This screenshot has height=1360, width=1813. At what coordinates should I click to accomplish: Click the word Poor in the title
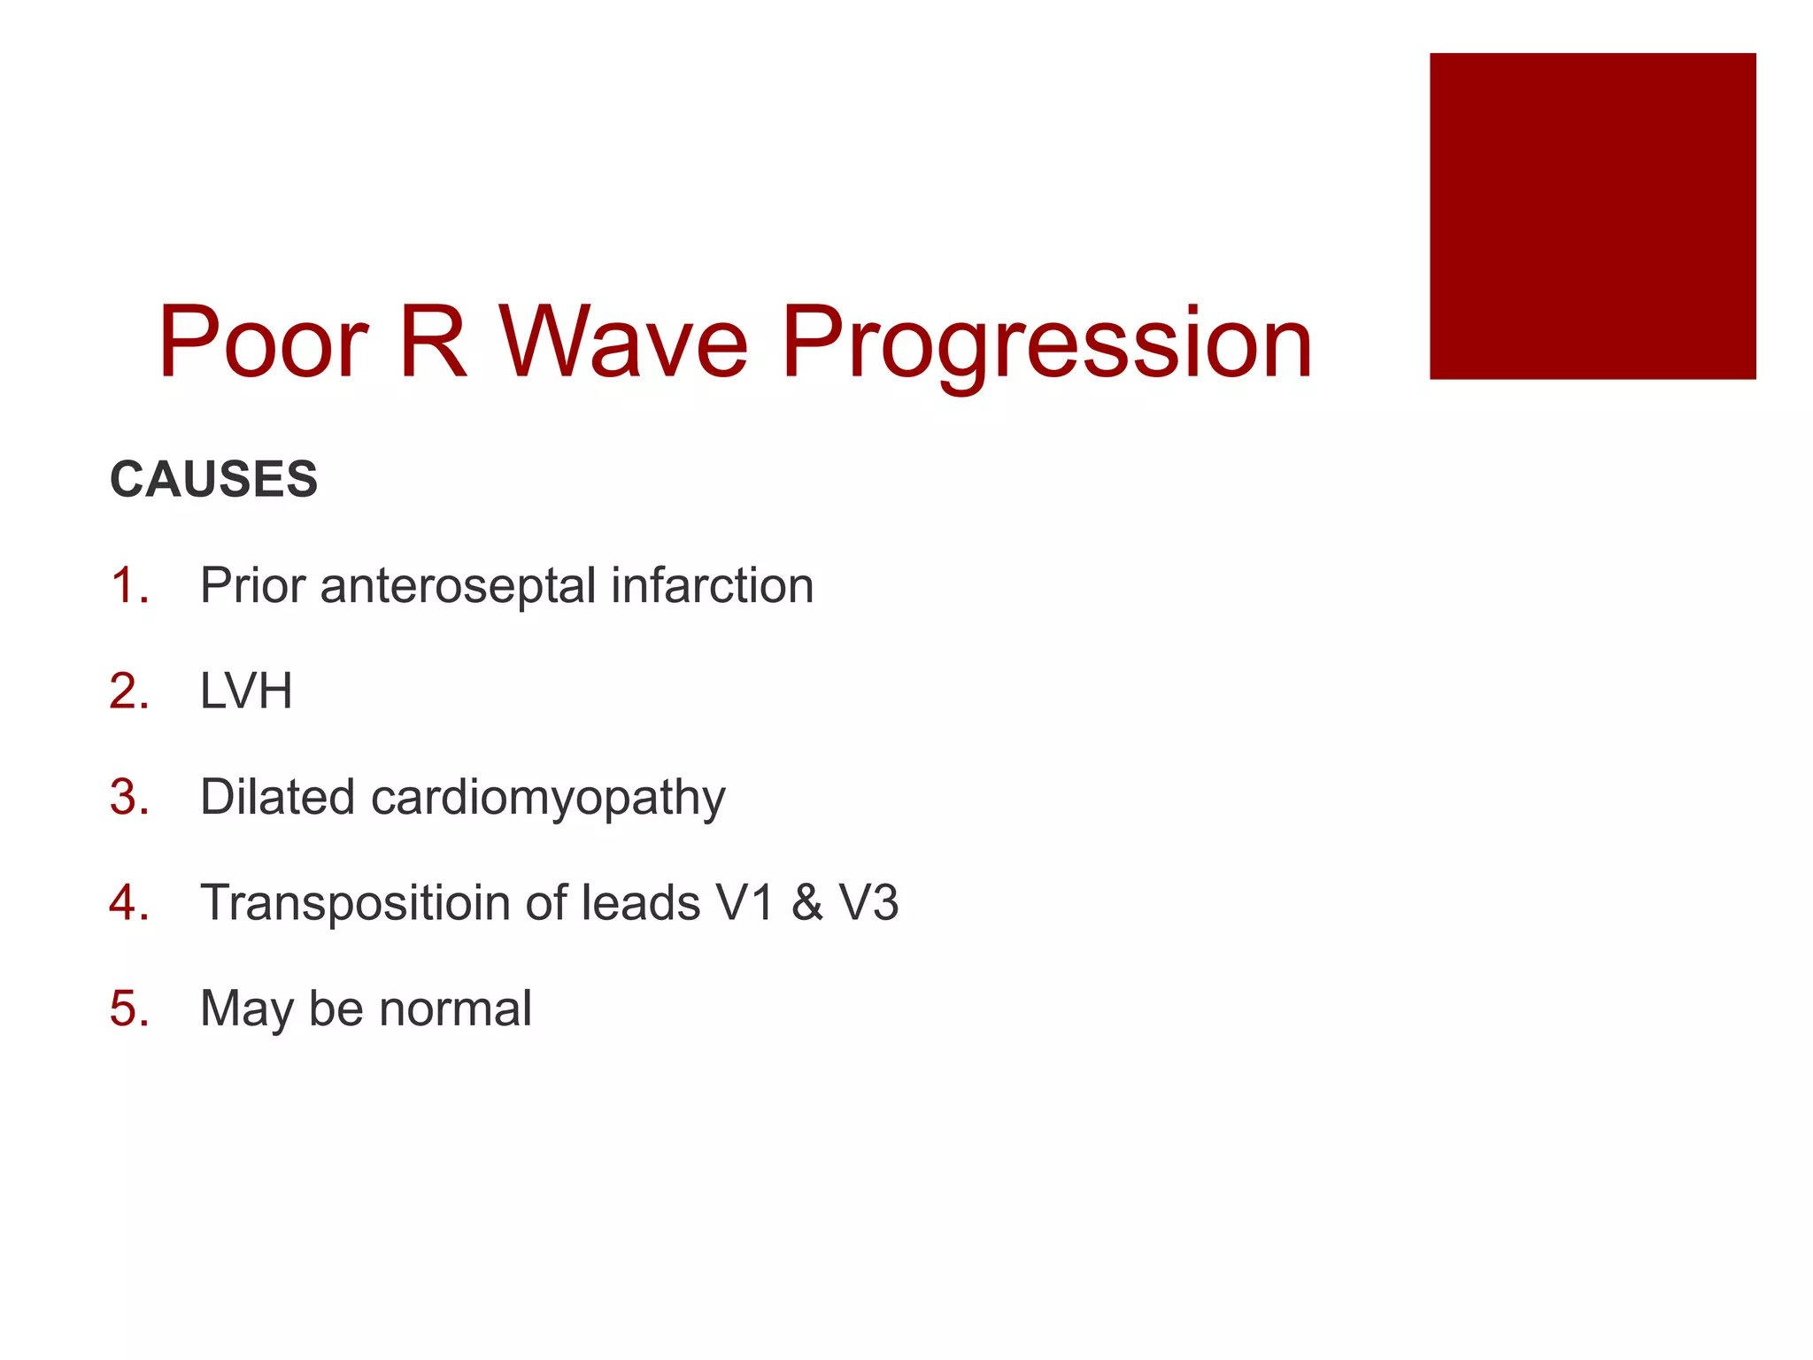[x=263, y=343]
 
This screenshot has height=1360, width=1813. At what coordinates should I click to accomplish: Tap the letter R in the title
[x=432, y=343]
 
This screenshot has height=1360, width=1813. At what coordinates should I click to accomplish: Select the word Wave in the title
[x=624, y=343]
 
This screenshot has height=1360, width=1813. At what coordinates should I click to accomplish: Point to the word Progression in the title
[x=1046, y=345]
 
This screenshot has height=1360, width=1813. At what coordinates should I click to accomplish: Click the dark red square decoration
[x=1592, y=216]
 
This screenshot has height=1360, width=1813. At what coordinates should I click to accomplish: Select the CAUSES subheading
[x=213, y=479]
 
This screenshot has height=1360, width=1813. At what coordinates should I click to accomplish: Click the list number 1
[x=127, y=586]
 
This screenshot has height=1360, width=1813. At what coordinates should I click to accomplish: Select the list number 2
[x=128, y=692]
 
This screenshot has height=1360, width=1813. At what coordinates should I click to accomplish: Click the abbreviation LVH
[x=246, y=692]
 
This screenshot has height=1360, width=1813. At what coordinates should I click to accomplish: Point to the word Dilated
[x=277, y=797]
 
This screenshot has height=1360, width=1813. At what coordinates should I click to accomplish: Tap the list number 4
[x=128, y=903]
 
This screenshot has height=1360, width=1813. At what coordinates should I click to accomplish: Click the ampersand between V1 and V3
[x=806, y=903]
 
